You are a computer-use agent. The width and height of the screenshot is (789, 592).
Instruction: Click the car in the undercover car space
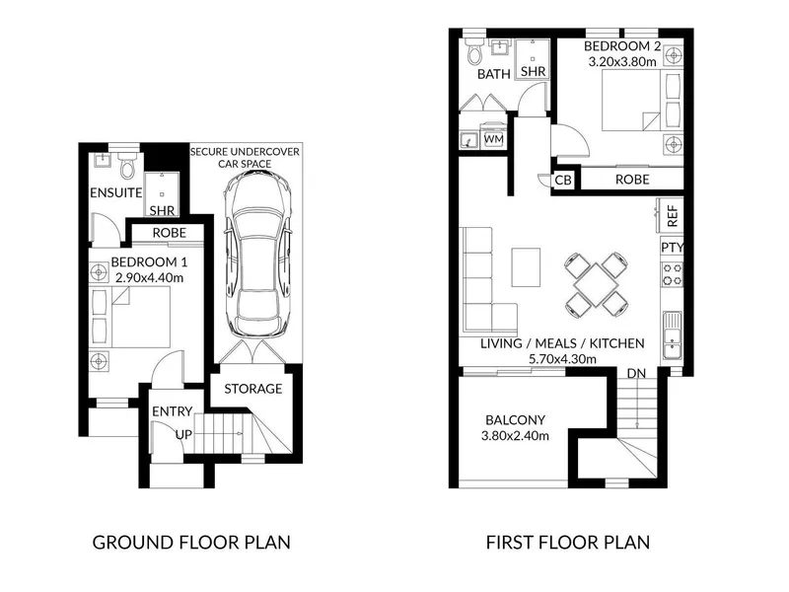coord(257,255)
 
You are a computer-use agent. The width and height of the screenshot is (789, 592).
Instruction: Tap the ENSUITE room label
coord(115,192)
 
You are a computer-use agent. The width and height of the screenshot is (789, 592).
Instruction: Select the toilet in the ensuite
coord(128,166)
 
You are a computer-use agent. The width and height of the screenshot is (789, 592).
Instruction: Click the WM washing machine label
coord(493,139)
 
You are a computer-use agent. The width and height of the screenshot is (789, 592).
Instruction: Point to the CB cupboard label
coord(563,180)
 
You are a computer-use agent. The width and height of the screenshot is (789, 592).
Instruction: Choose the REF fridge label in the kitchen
coord(673,215)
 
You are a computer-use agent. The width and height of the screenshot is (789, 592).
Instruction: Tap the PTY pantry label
coord(672,248)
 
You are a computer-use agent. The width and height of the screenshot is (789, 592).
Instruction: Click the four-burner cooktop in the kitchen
coord(672,274)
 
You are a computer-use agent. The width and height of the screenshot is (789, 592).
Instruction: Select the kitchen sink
coord(672,334)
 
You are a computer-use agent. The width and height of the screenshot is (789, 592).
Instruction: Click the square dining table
coord(596,284)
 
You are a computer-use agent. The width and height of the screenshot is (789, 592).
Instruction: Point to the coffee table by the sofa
coord(527,266)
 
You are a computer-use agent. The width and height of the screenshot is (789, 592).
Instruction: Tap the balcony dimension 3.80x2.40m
coord(515,436)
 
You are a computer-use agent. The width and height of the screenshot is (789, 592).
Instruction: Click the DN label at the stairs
coord(636,374)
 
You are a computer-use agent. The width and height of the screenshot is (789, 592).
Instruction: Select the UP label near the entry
coord(183,434)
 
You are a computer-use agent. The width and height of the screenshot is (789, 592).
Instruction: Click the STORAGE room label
coord(253,389)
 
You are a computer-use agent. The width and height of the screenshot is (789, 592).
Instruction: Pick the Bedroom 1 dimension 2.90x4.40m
coord(150,278)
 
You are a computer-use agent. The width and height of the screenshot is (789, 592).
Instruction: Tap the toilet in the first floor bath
coord(474,51)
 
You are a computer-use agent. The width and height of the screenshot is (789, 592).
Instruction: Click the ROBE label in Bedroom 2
coord(632,180)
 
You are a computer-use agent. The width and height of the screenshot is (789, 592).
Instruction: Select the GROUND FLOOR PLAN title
coord(191,543)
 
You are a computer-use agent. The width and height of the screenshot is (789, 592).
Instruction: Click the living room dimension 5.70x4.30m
coord(562,359)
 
